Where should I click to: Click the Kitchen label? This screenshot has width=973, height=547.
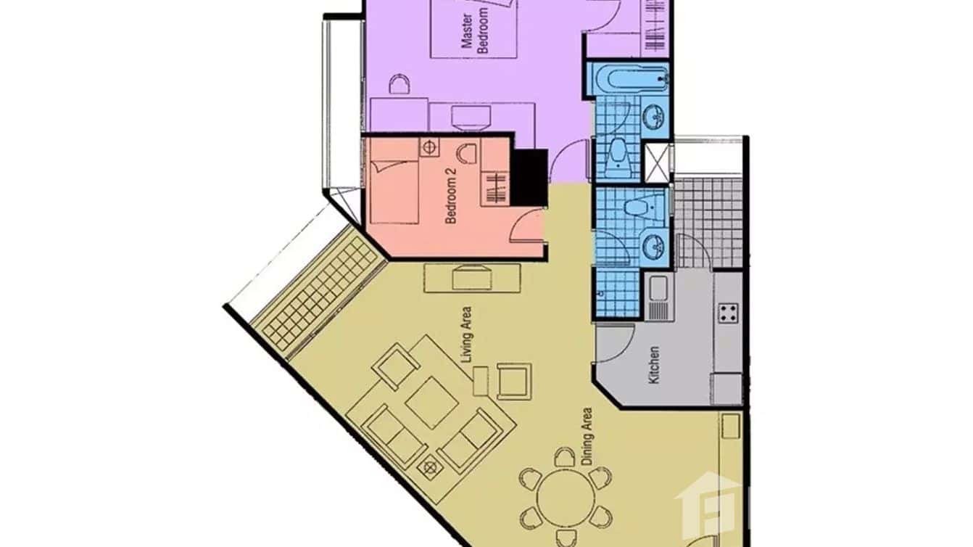655,365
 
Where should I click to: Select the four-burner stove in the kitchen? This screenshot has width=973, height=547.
728,313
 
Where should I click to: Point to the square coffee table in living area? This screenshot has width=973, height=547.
431,401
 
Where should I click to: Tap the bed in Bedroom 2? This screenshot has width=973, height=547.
394,192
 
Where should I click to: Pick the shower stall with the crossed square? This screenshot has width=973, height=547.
658,161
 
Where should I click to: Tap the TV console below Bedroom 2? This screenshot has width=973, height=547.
471,277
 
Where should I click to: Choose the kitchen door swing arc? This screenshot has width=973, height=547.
616,341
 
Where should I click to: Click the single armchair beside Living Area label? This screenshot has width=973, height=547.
514,380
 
